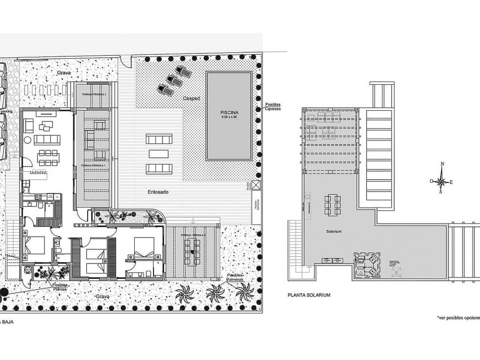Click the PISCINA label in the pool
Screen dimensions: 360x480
[x=229, y=112]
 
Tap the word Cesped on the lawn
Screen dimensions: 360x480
[x=191, y=98]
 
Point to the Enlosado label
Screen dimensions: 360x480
[x=158, y=192]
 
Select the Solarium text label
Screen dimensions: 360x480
[x=334, y=231]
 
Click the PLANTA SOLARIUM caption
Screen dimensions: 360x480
[x=309, y=295]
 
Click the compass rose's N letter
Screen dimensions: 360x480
[x=442, y=164]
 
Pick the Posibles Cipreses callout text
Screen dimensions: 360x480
[x=273, y=107]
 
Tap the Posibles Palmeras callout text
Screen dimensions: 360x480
[x=235, y=277]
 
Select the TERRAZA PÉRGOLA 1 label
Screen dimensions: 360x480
[x=93, y=165]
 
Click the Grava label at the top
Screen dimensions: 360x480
[x=64, y=72]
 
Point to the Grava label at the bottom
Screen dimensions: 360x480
[x=102, y=296]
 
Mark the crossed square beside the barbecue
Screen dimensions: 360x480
[x=256, y=185]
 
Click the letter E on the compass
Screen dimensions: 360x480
[x=451, y=182]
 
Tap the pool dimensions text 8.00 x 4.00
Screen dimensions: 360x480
[x=229, y=117]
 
